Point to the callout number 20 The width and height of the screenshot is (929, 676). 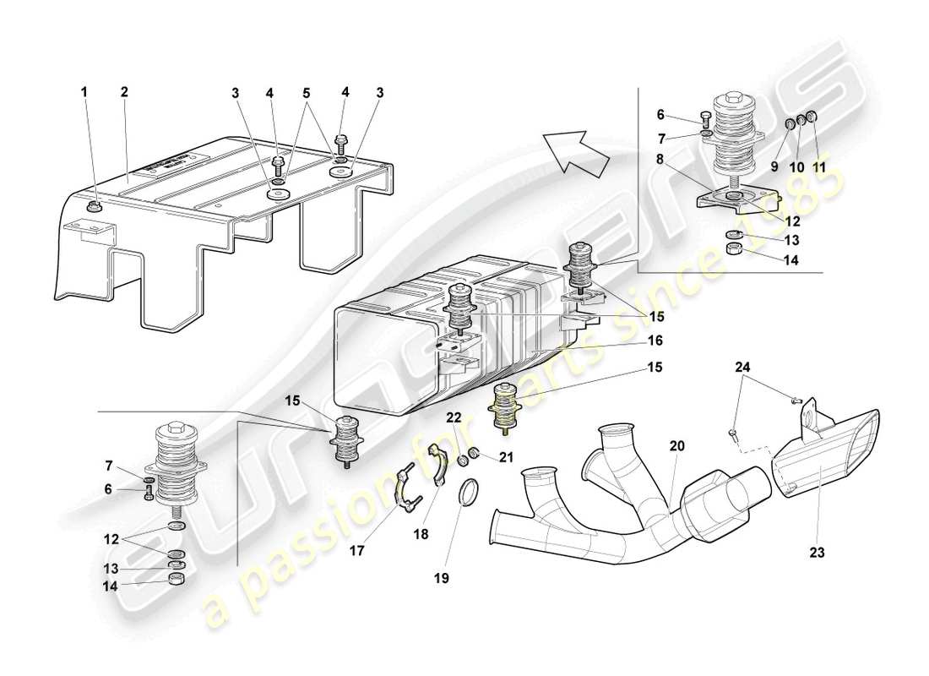click(678, 445)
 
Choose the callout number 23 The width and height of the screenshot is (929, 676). click(818, 553)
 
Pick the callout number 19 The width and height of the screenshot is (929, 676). click(442, 579)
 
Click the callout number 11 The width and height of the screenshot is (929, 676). click(818, 166)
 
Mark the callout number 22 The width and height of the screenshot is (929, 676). click(454, 417)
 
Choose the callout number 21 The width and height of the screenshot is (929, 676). click(507, 457)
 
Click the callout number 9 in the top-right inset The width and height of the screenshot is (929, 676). click(774, 166)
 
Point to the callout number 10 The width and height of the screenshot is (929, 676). click(796, 166)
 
